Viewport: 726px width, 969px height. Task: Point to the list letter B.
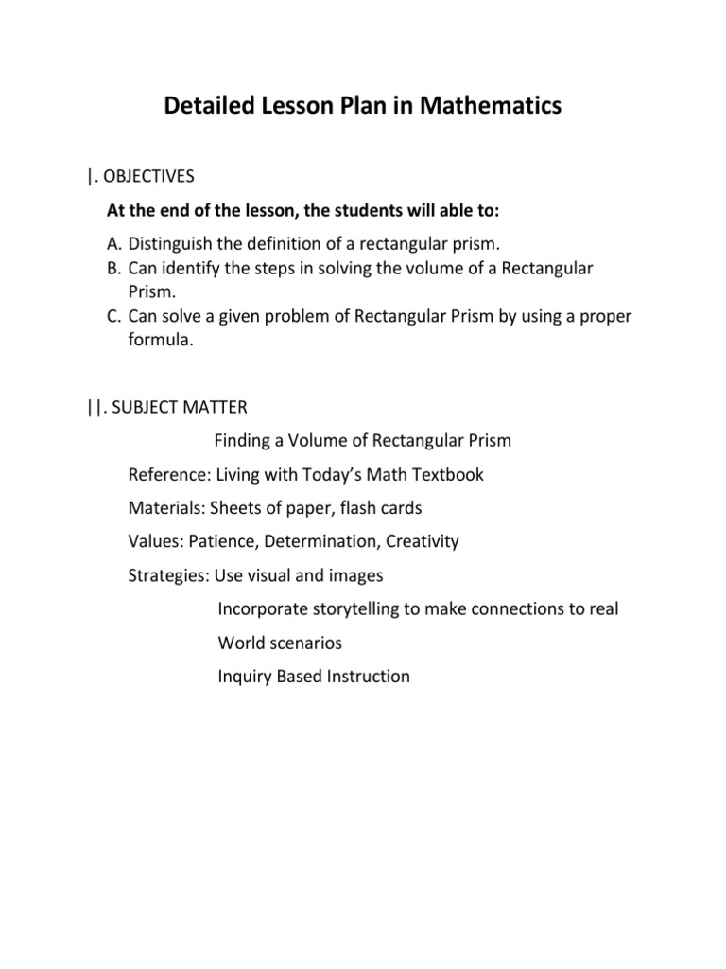(x=114, y=268)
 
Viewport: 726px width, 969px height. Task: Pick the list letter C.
(x=114, y=317)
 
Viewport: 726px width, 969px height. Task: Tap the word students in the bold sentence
(x=354, y=209)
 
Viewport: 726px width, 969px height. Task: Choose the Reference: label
(x=169, y=475)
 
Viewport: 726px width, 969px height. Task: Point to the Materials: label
(x=167, y=508)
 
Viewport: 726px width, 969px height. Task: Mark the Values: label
(x=155, y=542)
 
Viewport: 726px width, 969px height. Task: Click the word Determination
(x=321, y=542)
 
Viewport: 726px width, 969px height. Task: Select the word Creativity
(x=423, y=542)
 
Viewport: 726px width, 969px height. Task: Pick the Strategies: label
(x=168, y=575)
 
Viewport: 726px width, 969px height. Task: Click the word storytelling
(x=351, y=609)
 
